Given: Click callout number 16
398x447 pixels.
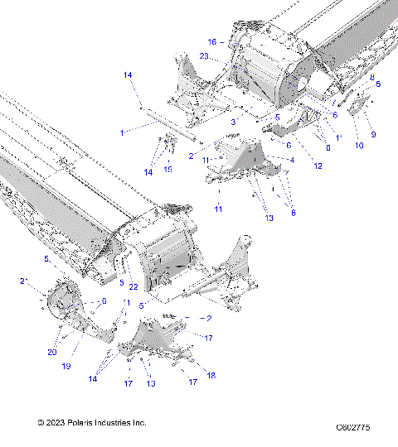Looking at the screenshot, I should click(x=211, y=41).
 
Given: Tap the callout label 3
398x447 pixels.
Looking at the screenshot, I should click(x=233, y=122).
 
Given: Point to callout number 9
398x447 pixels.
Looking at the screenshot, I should click(x=373, y=134).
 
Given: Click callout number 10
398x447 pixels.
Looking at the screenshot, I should click(x=359, y=146).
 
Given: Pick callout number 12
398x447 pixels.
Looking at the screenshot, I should click(x=318, y=166).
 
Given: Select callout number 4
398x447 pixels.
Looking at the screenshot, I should click(x=291, y=159).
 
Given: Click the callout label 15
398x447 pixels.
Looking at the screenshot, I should click(x=168, y=169).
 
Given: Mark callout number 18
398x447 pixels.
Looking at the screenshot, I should click(x=211, y=375).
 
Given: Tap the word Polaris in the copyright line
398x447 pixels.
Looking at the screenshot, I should click(x=83, y=422).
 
